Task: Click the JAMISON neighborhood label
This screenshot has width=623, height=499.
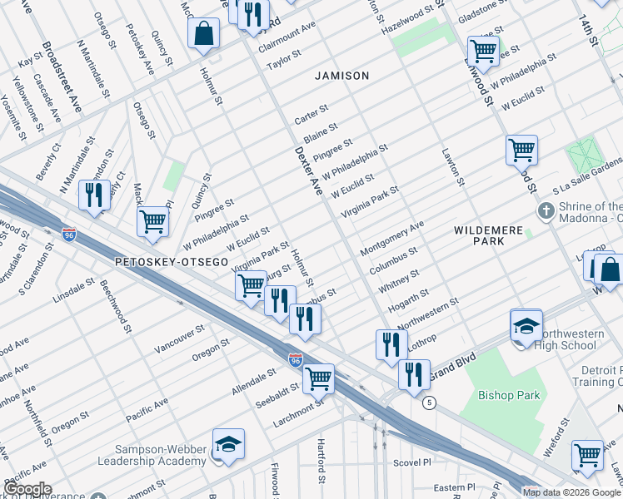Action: tap(341, 76)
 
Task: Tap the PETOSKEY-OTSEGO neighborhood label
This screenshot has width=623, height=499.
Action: tap(171, 261)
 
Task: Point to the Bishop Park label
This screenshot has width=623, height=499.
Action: tap(509, 396)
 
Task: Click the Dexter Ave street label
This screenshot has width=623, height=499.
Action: tap(308, 172)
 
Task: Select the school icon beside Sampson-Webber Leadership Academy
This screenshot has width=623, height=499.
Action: tap(228, 445)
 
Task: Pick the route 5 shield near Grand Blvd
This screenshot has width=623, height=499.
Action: tap(429, 403)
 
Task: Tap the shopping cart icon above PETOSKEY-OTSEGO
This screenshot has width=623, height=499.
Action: tap(153, 222)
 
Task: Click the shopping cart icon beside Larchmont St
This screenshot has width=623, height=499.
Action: tap(318, 378)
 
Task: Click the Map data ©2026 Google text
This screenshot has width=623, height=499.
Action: tap(571, 492)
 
